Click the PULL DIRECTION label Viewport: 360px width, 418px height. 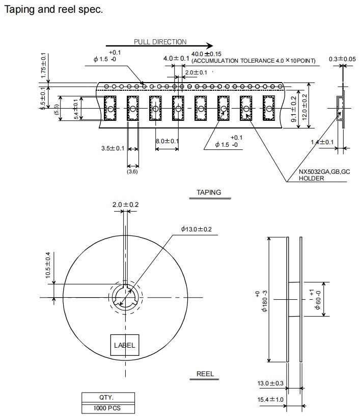point(160,42)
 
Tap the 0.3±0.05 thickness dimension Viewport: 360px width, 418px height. point(342,59)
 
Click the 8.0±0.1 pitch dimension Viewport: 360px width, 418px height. point(168,141)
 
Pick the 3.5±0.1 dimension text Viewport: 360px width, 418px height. point(113,148)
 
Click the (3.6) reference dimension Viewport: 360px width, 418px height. point(132,172)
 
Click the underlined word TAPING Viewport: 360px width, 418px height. point(209,193)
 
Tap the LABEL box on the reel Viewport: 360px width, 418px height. point(124,345)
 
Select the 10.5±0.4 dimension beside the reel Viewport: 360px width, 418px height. point(49,265)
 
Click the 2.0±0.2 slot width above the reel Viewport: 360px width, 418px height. point(125,205)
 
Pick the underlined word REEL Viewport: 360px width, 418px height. point(205,374)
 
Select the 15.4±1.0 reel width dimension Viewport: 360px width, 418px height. point(270,399)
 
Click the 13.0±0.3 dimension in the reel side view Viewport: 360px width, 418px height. point(270,383)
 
